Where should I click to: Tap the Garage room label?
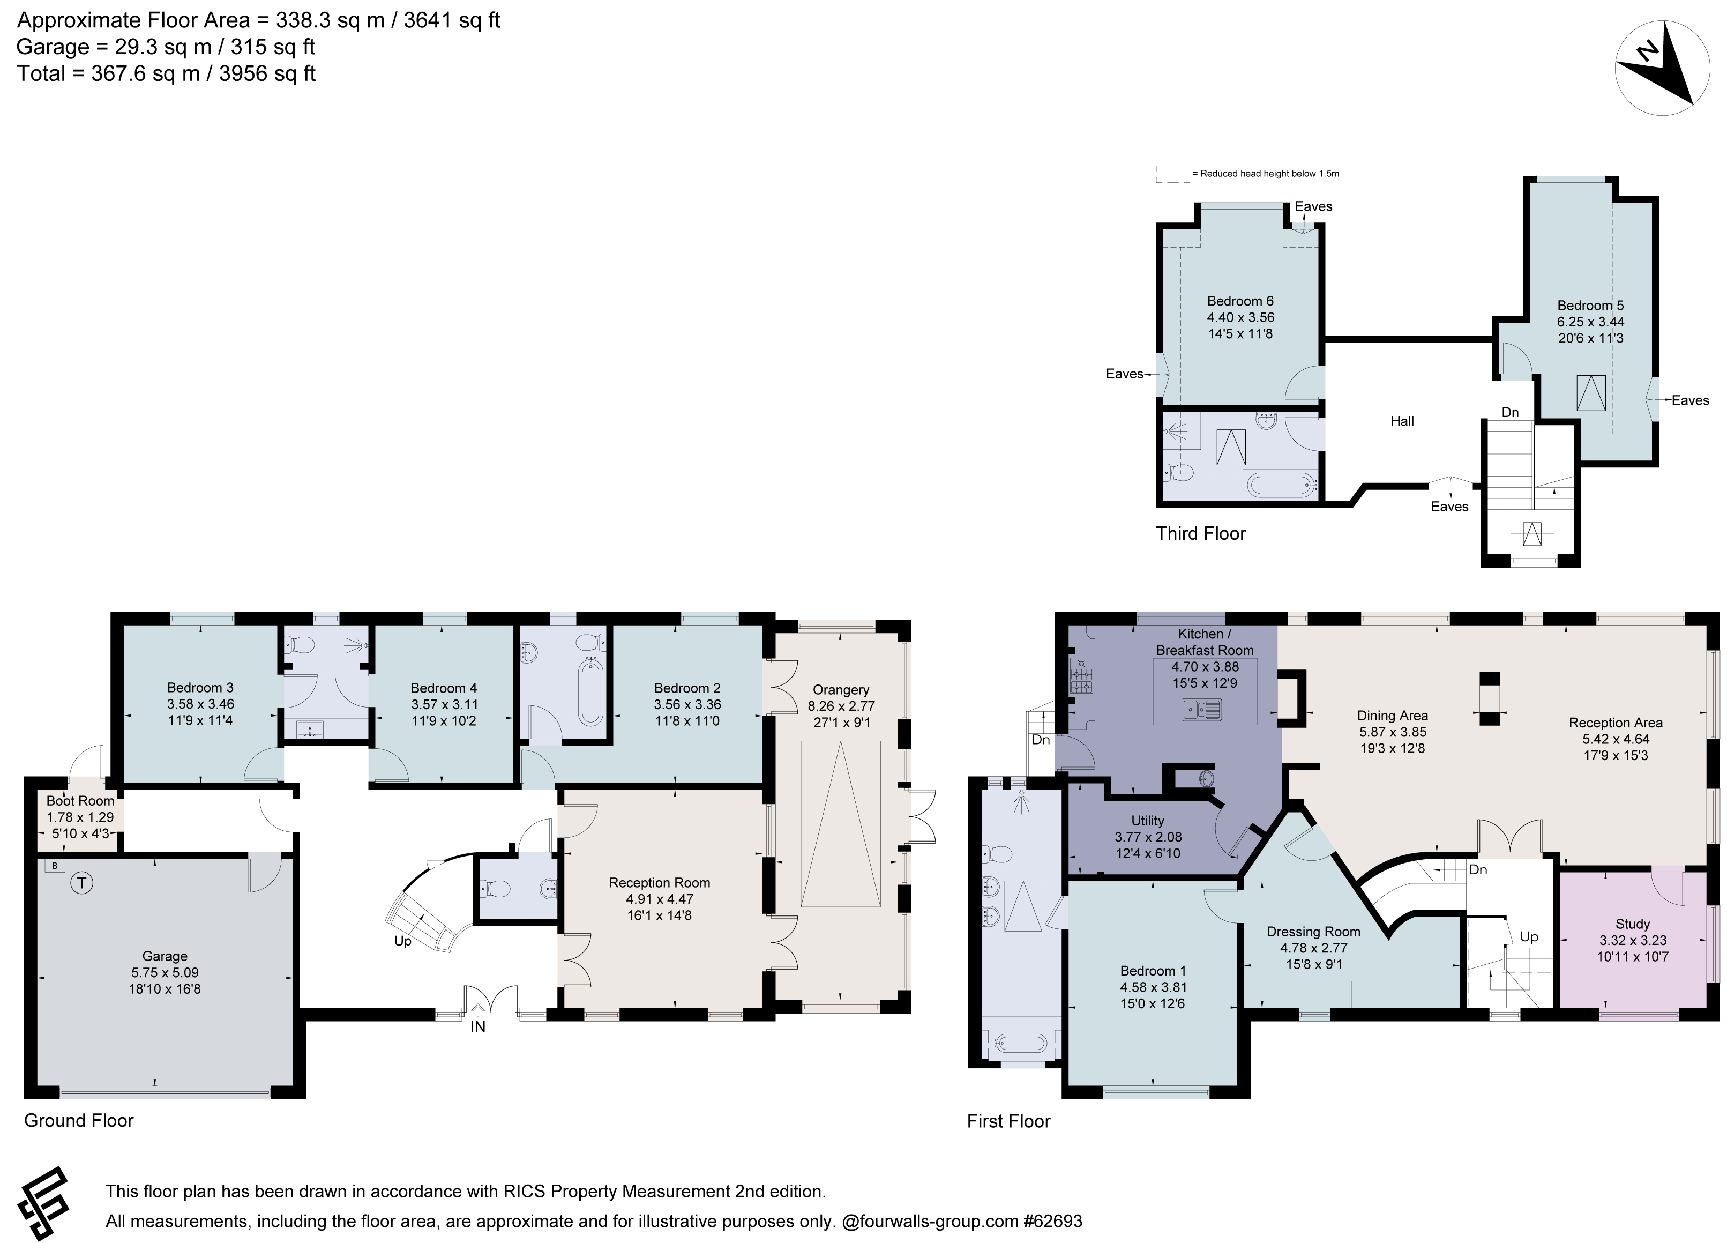tap(165, 956)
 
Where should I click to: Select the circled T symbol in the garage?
tap(81, 883)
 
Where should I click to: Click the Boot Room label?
tap(80, 800)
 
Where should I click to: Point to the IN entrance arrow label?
tap(477, 1026)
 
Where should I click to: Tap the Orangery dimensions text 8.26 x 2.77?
tap(841, 706)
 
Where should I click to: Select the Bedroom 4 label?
tap(443, 688)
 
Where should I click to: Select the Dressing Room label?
tap(1313, 932)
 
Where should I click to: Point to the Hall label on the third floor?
tap(1402, 421)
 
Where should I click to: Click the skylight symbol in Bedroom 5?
tap(1591, 392)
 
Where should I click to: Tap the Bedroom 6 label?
tap(1240, 301)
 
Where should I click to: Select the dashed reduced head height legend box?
tap(1172, 174)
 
